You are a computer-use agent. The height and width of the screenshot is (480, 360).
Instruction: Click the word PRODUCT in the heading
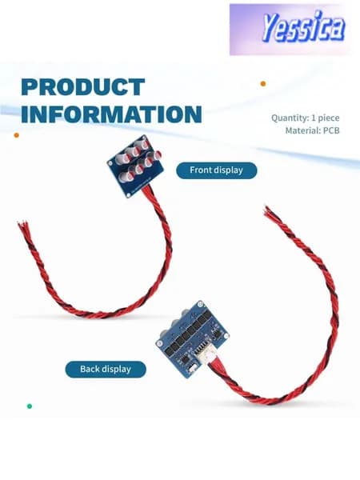point(83,87)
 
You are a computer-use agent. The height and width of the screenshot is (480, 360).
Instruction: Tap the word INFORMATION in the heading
point(111,114)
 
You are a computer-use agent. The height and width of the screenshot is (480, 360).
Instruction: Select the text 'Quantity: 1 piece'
point(306,118)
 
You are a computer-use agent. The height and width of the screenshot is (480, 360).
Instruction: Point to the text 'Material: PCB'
point(312,130)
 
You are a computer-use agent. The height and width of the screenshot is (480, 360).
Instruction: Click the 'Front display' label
point(217,170)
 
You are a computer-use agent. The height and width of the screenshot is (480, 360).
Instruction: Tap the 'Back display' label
point(106,369)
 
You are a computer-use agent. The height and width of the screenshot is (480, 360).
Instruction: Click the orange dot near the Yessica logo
point(263,83)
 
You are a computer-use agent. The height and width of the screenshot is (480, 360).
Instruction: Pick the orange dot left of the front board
point(17,135)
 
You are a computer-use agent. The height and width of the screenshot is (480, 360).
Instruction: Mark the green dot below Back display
point(30,406)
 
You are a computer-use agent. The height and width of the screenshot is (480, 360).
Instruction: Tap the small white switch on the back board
point(192,368)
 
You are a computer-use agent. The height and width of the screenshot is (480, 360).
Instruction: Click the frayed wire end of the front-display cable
point(23,226)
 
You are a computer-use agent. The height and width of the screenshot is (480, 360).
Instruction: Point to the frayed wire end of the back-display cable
point(269,210)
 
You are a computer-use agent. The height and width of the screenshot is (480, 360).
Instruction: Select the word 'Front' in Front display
point(201,170)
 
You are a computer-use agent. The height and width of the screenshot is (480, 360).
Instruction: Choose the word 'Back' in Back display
point(90,369)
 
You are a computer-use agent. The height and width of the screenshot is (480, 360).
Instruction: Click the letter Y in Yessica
point(270,27)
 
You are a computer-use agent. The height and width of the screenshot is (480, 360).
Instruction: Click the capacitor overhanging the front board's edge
point(158,155)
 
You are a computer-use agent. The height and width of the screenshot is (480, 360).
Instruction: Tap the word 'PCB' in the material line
point(331,130)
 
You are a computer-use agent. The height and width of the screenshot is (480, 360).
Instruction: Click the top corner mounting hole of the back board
point(200,305)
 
